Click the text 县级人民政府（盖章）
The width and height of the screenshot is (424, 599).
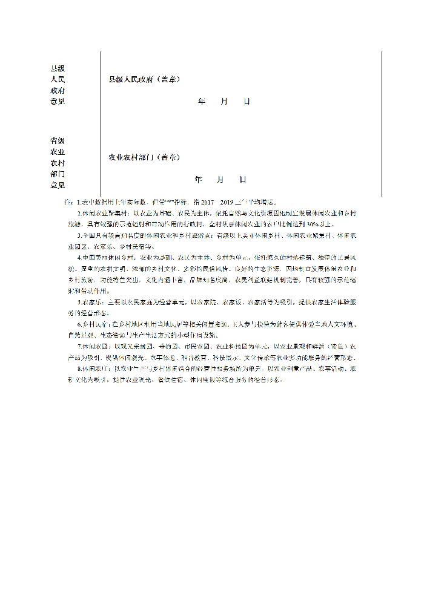(144, 79)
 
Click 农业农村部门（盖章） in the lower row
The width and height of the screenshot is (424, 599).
(144, 157)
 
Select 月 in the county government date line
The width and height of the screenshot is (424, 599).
(224, 101)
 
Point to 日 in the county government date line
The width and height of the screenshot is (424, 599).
(247, 101)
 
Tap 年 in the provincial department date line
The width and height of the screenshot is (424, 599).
(198, 179)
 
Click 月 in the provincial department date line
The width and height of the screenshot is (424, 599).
(220, 179)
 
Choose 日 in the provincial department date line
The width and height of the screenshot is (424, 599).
(243, 179)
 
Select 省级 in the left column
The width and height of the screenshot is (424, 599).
(58, 140)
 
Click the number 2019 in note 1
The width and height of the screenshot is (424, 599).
(227, 201)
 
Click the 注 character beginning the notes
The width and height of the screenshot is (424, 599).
(68, 201)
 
